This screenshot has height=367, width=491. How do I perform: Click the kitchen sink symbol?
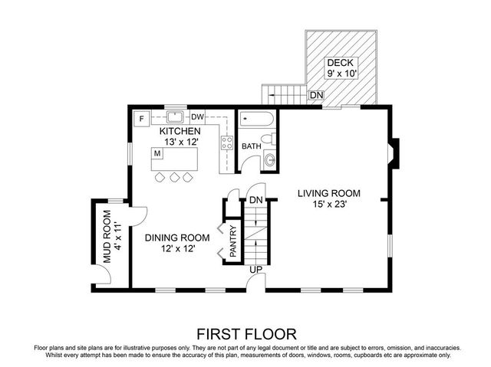click(175, 117)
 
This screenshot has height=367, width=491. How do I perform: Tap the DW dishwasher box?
click(197, 117)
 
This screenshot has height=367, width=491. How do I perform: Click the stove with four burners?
click(227, 142)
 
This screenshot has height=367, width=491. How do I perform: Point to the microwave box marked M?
click(157, 153)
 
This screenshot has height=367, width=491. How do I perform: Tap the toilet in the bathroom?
click(269, 159)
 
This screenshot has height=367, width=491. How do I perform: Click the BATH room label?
click(252, 146)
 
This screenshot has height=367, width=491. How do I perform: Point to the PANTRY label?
click(233, 241)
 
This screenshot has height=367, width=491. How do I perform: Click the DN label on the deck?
click(315, 95)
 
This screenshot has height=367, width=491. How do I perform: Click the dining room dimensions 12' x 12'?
click(176, 249)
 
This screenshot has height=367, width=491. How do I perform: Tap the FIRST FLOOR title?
click(245, 333)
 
